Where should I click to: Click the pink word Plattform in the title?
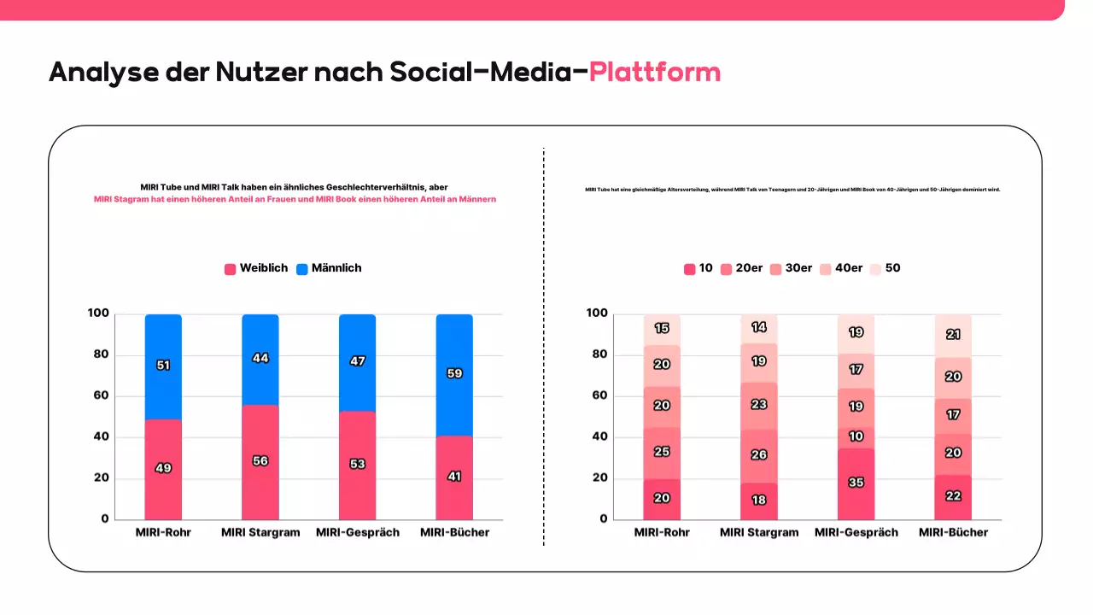(x=654, y=72)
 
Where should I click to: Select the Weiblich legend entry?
(x=256, y=268)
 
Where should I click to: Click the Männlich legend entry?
(x=329, y=268)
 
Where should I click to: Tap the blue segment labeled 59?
(x=454, y=373)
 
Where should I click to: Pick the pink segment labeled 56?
(x=260, y=461)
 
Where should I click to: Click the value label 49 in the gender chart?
(x=163, y=468)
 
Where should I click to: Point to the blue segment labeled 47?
(x=357, y=361)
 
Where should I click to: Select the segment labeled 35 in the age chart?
(x=856, y=483)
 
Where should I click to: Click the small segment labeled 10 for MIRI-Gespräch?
(x=856, y=437)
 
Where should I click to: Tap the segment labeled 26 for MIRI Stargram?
(x=758, y=455)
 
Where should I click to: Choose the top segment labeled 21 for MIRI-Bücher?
(x=953, y=335)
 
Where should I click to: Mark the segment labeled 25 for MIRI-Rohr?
(x=662, y=452)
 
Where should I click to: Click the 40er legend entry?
(x=842, y=268)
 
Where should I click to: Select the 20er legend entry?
(x=742, y=268)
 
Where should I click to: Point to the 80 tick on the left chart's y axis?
(x=99, y=354)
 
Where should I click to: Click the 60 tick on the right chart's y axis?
(x=598, y=395)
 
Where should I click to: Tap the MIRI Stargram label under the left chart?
(x=260, y=532)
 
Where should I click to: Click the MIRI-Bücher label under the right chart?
(x=953, y=532)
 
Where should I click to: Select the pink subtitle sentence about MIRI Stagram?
(x=295, y=199)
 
